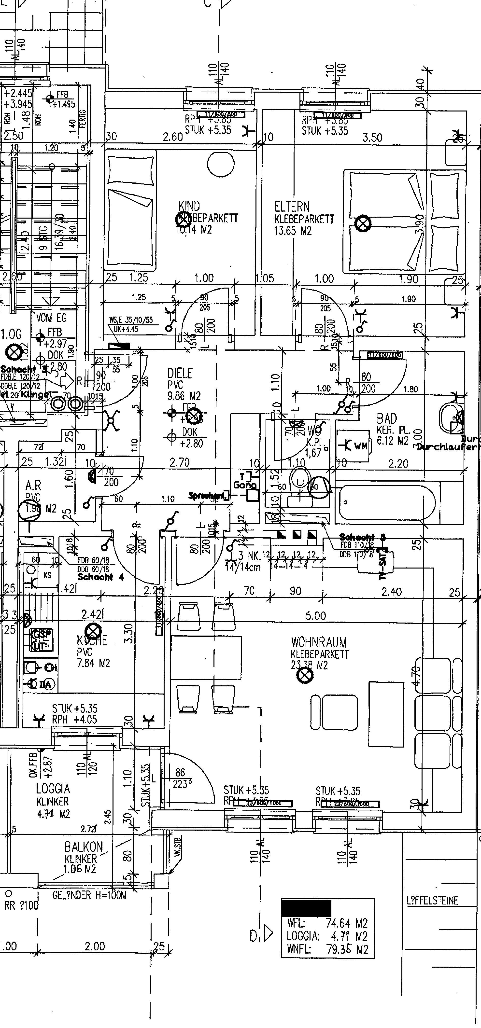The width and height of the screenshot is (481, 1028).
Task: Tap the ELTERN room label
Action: tap(292, 207)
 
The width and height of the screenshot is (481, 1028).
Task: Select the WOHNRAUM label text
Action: tap(319, 642)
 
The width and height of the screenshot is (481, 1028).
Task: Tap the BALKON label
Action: tap(84, 847)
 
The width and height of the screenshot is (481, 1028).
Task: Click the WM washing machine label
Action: tap(360, 446)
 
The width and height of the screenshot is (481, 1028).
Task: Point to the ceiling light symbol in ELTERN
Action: tap(363, 223)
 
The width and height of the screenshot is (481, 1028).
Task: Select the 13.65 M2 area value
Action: tap(293, 231)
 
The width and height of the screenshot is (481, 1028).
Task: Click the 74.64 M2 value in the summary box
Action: tap(346, 923)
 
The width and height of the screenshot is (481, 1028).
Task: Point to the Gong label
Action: tap(244, 485)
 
